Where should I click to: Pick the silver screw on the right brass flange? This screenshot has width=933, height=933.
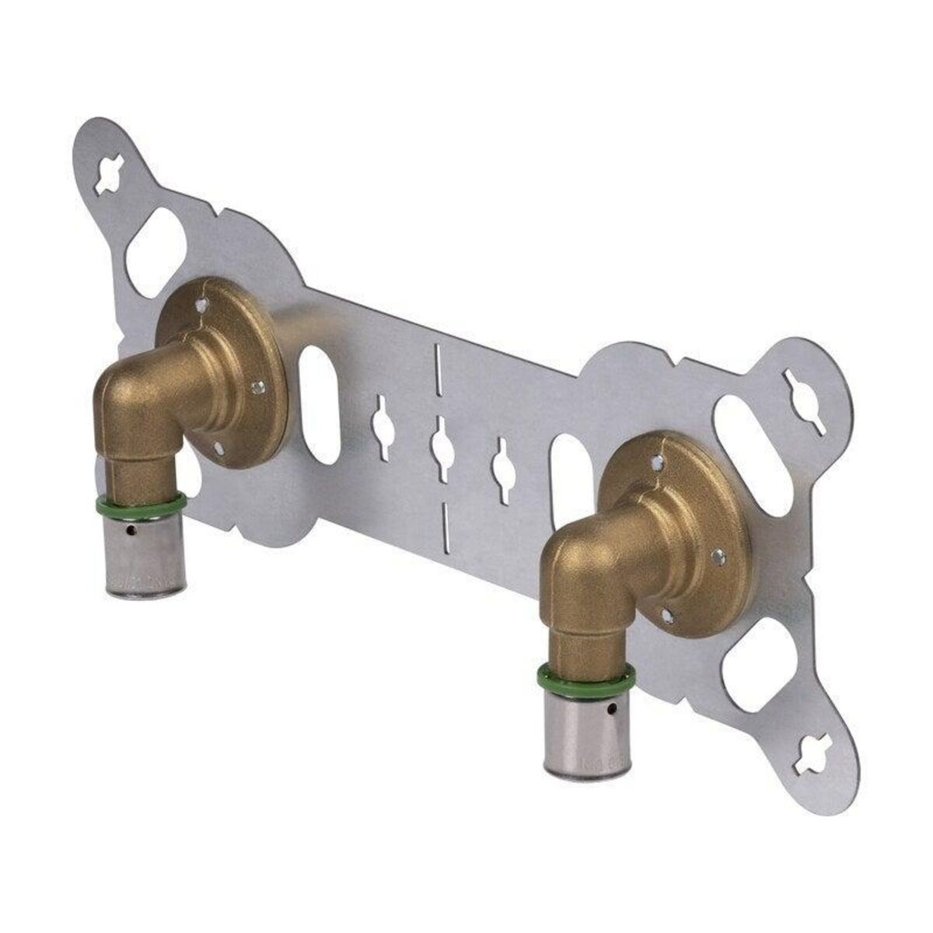click(719, 557)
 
